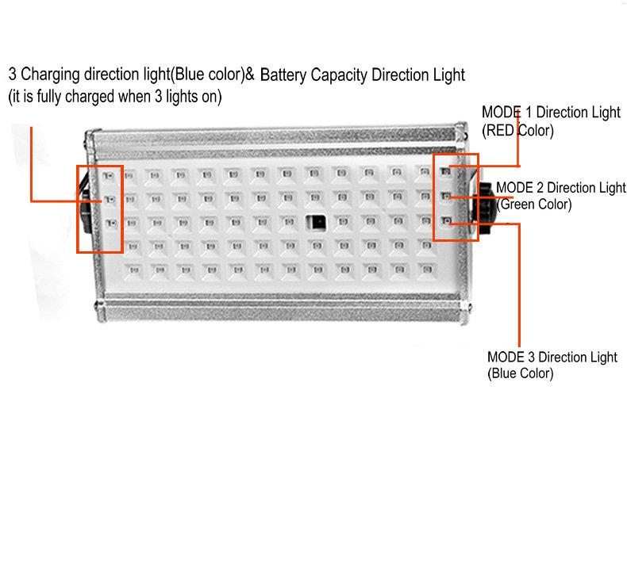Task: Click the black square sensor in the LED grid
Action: (316, 223)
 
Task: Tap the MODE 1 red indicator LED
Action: (445, 172)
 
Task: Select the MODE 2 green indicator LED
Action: (446, 196)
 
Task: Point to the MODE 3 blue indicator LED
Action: (447, 220)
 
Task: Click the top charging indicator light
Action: (109, 175)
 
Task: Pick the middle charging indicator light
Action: (110, 199)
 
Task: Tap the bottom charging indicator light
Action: (112, 223)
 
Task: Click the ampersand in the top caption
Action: (250, 75)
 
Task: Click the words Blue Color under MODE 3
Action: (520, 373)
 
